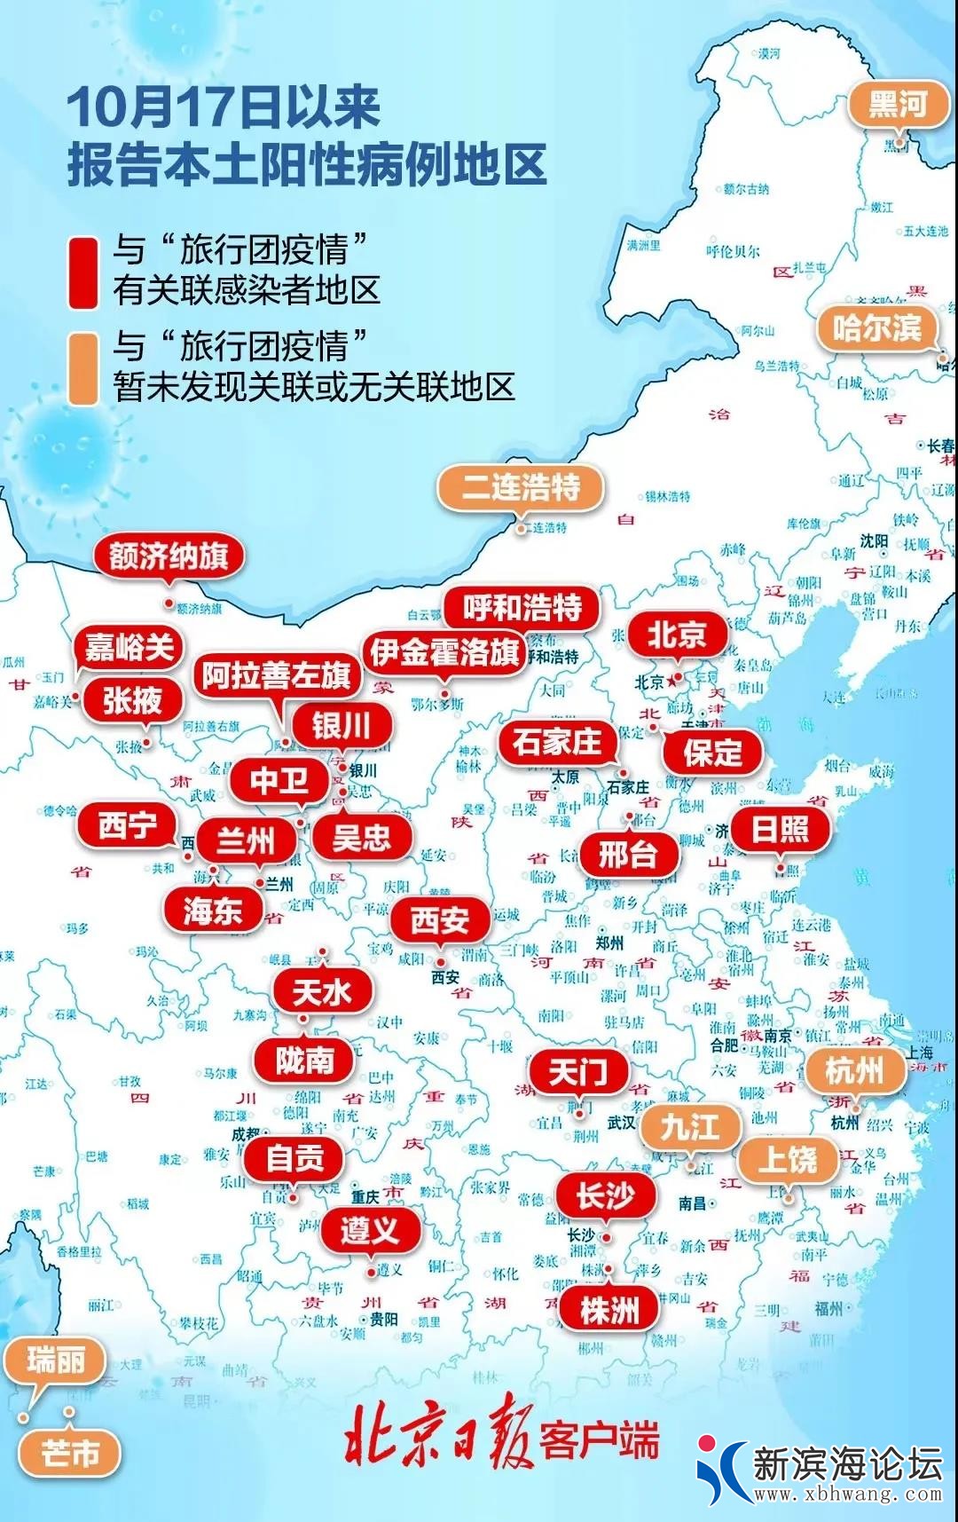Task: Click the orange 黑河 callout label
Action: (x=897, y=105)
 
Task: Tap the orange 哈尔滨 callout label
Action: (x=876, y=328)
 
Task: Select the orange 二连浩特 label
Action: (x=521, y=487)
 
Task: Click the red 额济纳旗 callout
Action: (x=169, y=556)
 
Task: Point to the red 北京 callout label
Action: (x=676, y=635)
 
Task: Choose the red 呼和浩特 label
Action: (x=522, y=609)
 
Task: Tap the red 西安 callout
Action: (x=440, y=920)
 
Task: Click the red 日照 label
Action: (x=780, y=830)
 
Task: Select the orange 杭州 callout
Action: (x=854, y=1071)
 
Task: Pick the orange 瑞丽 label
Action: (x=55, y=1360)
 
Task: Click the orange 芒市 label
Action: (x=70, y=1453)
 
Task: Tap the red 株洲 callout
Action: (x=609, y=1310)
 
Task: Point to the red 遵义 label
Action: (x=369, y=1230)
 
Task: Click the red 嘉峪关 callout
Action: (x=130, y=648)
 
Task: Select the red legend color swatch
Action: (x=84, y=272)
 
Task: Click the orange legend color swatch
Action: (x=84, y=369)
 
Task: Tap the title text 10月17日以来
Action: (x=224, y=108)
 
